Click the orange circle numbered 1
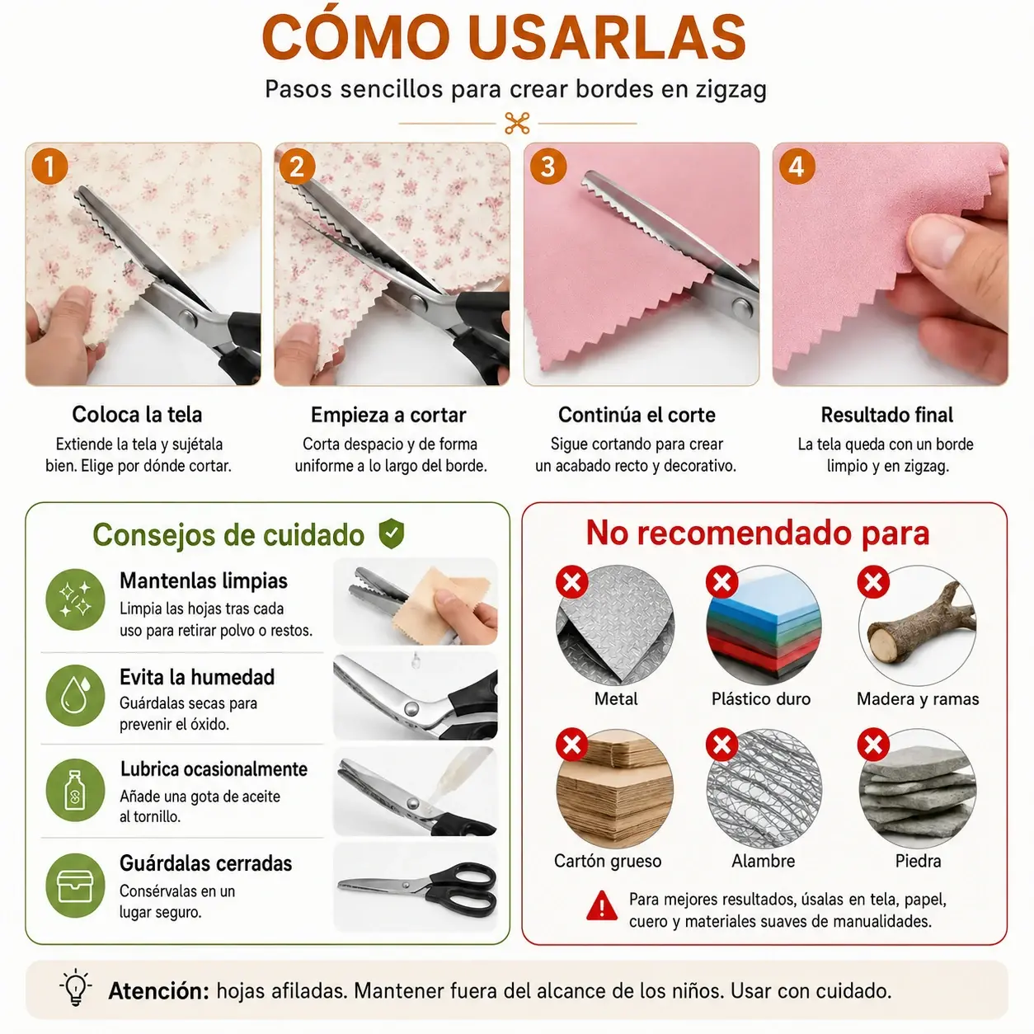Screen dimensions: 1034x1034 [x=49, y=167]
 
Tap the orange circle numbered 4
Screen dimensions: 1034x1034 [x=797, y=167]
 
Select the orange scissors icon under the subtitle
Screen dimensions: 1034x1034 [x=517, y=124]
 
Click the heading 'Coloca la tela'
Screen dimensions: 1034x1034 [x=138, y=415]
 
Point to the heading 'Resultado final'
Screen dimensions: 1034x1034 [x=887, y=415]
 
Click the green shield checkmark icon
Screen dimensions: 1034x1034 [x=391, y=533]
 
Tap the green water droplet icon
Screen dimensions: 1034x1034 [x=75, y=695]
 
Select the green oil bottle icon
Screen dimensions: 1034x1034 [x=75, y=790]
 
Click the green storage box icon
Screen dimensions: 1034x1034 [x=75, y=886]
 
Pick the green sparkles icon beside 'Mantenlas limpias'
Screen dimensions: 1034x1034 [x=75, y=599]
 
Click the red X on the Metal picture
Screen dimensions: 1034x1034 [x=572, y=581]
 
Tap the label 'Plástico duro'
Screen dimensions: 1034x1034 [x=761, y=698]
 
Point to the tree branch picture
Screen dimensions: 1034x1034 [x=918, y=626]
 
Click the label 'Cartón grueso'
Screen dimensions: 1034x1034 [x=608, y=861]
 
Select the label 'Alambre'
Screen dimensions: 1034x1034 [x=763, y=861]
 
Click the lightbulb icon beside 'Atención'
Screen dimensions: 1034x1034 [x=76, y=987]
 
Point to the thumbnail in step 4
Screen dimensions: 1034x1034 [x=891, y=264]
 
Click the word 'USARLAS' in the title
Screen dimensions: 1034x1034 [x=607, y=38]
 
